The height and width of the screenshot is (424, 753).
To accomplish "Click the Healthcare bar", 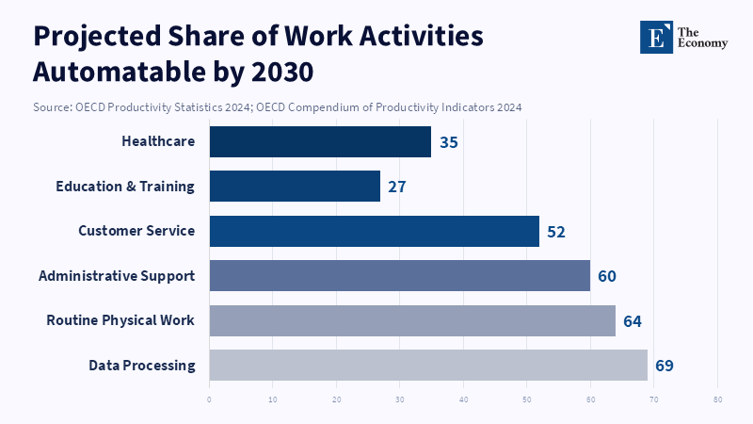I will (x=320, y=141).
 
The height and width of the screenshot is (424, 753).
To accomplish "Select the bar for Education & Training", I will (x=295, y=186).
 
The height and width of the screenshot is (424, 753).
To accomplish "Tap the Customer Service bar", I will (x=374, y=231).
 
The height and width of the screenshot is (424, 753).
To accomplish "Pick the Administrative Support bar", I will (x=399, y=275).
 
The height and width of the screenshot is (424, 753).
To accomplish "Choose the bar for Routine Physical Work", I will (x=412, y=320).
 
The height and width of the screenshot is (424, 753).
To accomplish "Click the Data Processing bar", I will (x=428, y=365).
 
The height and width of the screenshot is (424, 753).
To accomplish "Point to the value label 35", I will (x=448, y=142).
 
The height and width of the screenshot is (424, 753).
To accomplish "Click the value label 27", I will (x=397, y=187).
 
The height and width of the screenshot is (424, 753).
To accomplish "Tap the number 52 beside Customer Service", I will (x=556, y=232).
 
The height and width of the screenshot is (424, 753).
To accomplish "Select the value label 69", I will (x=665, y=366).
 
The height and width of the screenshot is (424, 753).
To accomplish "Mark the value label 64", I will (x=633, y=321).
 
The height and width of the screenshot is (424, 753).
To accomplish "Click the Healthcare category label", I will (x=158, y=141).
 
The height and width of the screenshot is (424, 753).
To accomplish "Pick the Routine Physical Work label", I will (x=120, y=320).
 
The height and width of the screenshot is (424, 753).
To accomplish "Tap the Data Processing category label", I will (x=142, y=365).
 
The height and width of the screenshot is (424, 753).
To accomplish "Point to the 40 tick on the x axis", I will (x=464, y=399).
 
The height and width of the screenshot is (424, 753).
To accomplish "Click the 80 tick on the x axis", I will (x=717, y=399).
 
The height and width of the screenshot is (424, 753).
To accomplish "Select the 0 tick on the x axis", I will (x=209, y=399).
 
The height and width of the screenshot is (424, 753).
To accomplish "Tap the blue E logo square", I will (x=657, y=37).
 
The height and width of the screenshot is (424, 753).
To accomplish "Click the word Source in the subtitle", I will (x=52, y=107).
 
